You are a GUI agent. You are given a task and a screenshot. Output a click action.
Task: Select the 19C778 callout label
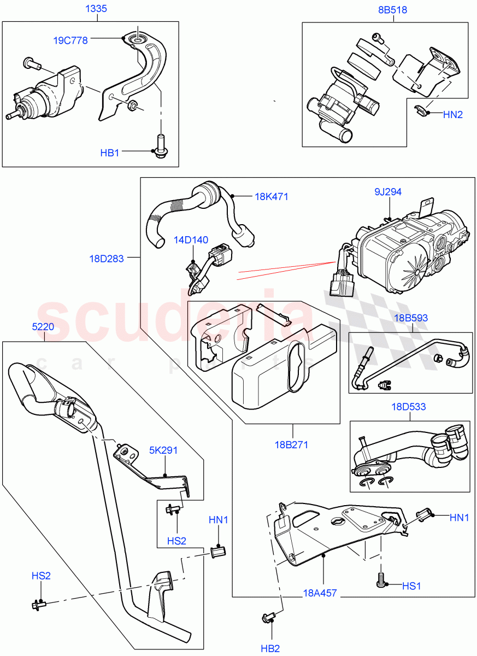click(x=70, y=40)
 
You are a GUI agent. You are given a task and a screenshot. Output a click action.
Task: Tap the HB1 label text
click(x=109, y=153)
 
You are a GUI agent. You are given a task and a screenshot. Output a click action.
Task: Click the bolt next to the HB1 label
click(x=161, y=145)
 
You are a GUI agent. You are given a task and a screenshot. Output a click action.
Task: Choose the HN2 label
click(x=453, y=114)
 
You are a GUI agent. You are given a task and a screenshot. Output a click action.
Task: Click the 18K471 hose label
click(x=272, y=196)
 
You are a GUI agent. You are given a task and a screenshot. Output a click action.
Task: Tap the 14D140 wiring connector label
click(x=191, y=239)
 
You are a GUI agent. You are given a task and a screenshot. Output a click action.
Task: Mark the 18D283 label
click(x=108, y=257)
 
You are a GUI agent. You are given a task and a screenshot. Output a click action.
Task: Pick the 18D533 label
click(x=409, y=407)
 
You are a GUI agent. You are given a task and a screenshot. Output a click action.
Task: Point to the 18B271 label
click(x=291, y=444)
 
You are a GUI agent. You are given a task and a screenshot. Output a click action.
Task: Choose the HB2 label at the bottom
click(x=269, y=648)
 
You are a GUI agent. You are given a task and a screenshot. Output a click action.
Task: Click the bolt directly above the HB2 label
click(x=268, y=619)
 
